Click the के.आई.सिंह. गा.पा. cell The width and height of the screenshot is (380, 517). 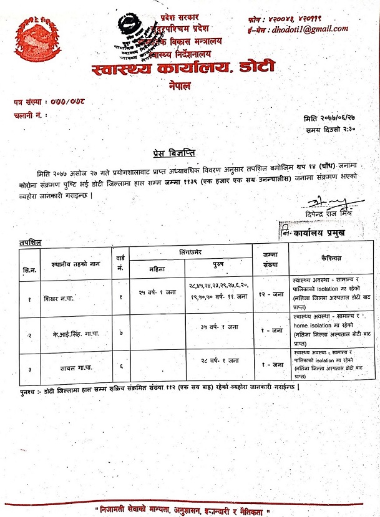click(x=68, y=333)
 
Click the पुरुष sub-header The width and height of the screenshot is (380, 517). click(x=218, y=266)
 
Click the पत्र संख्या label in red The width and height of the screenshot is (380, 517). click(x=27, y=102)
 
